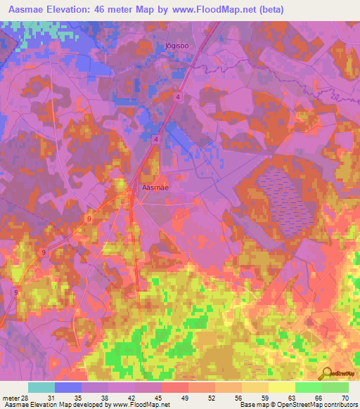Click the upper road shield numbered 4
179,97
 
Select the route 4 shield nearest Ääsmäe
155,139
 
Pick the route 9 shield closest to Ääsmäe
89,219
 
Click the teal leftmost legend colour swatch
41,387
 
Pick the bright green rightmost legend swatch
335,387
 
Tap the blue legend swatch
68,387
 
